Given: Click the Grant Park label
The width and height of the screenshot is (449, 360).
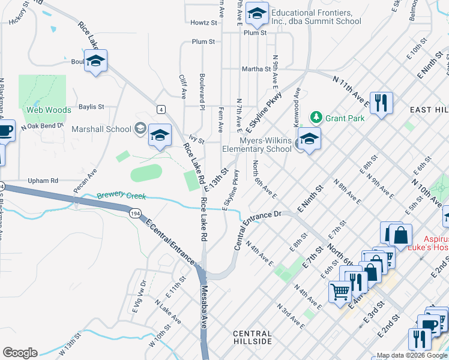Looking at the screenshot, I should pos(345,118).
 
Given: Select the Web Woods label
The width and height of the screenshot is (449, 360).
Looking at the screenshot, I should pos(49,110).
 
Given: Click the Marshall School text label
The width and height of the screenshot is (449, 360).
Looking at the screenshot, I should pos(101,128).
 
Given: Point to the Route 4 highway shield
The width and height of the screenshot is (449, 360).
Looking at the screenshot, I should pos(160,109).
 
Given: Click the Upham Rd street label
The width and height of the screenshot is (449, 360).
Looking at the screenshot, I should pos(43,180).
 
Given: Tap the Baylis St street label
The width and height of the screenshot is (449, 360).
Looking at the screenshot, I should pos(91,107).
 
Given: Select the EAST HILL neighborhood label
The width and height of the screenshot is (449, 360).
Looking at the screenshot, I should pos(429,110).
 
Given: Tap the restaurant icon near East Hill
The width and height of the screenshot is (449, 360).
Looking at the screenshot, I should pos(381,103).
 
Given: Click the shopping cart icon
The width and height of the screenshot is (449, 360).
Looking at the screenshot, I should pos(340,292).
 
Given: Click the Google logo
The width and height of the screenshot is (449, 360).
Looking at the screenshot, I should pos(20,352).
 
